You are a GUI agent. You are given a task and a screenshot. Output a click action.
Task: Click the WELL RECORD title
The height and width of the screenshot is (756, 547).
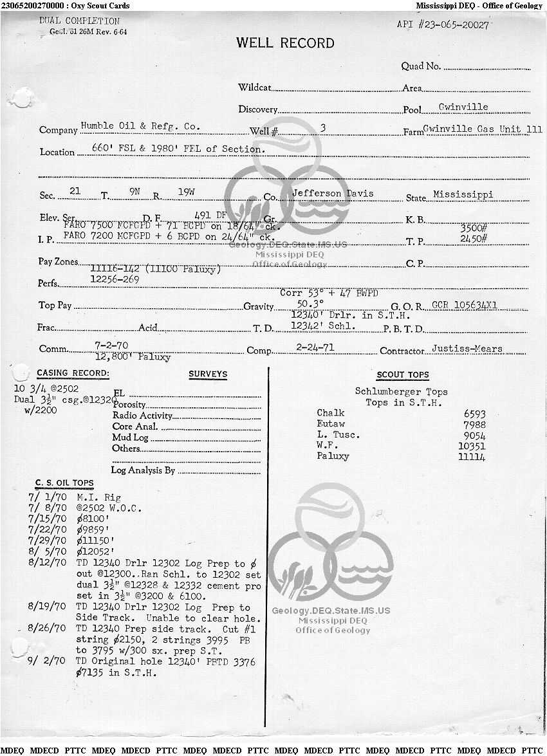[285, 44]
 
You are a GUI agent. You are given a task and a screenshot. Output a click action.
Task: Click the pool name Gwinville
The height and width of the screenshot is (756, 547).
[463, 107]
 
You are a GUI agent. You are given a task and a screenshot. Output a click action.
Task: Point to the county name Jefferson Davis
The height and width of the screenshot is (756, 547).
[332, 193]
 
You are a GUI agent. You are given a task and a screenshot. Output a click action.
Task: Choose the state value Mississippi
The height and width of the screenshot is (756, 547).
[463, 194]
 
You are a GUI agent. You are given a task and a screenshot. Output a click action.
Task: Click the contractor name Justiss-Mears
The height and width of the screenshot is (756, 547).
[467, 349]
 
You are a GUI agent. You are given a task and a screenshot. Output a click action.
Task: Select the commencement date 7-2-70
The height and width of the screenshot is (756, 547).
[111, 346]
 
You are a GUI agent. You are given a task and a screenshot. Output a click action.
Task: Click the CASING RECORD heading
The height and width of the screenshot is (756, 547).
[73, 373]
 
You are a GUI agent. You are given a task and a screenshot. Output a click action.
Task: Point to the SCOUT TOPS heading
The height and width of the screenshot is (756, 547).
[402, 375]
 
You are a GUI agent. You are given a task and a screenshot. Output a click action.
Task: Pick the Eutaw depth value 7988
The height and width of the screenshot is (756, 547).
[474, 425]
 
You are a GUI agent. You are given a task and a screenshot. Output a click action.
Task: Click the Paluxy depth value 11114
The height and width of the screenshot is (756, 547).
[472, 457]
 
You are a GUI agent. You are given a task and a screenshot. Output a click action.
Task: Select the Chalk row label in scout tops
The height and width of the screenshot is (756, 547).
[331, 413]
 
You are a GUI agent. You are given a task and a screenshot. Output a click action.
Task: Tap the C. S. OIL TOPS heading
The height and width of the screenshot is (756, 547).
[64, 483]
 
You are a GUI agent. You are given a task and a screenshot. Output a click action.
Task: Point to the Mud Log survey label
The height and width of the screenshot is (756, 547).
[130, 438]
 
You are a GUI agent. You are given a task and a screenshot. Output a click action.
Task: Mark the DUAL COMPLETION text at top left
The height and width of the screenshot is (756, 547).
[79, 21]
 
